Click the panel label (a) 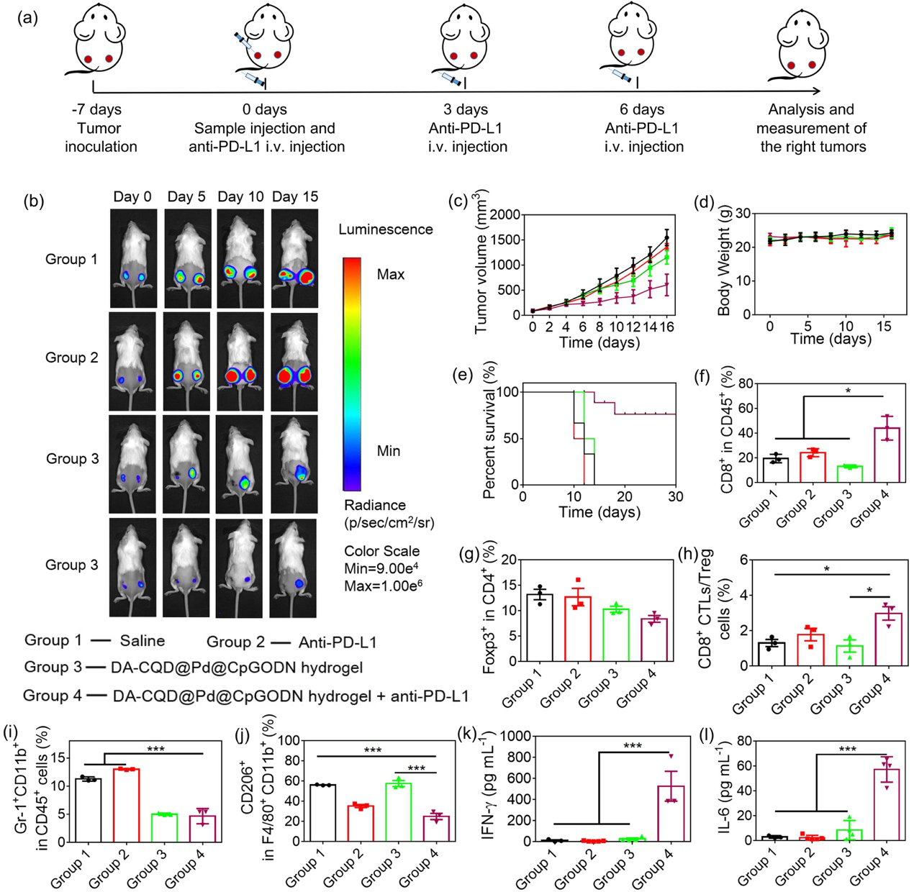28,18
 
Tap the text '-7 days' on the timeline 96,109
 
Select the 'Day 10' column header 240,196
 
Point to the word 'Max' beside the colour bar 390,274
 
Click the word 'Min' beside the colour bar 388,451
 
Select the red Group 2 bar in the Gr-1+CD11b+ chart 127,805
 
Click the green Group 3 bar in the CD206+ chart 398,811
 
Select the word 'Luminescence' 386,229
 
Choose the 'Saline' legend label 142,640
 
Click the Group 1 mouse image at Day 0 132,259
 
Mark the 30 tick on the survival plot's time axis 675,496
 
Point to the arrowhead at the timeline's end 816,91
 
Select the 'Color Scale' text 381,551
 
